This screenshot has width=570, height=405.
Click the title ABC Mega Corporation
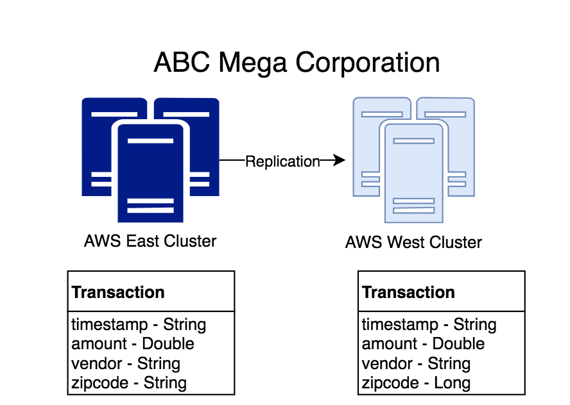coord(297,63)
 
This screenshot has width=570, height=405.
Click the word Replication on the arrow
coord(282,161)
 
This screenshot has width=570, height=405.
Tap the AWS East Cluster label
coord(150,242)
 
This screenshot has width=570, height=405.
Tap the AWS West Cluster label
coord(413,243)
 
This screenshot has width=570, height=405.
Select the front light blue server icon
coord(413,173)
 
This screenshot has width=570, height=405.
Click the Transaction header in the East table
coord(118,293)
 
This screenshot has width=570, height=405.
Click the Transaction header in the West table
coord(408,293)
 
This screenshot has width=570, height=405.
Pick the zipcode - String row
coord(129,383)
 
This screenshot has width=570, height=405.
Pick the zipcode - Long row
coord(416,383)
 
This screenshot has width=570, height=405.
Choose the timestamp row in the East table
coord(139,324)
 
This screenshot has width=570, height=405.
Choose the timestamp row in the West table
coord(429,324)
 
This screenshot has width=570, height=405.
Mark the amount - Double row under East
coord(133,344)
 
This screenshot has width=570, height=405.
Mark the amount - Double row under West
coord(423,344)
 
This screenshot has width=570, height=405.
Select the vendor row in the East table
coord(126,364)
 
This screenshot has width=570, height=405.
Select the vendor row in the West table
coord(416,364)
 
